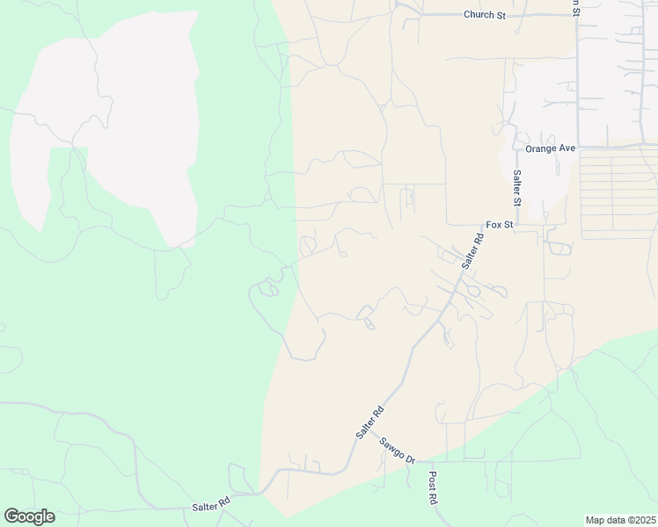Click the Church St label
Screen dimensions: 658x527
click(486, 14)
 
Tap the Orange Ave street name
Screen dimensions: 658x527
click(551, 148)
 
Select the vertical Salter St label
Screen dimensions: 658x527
click(517, 188)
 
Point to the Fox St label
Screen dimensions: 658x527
click(499, 225)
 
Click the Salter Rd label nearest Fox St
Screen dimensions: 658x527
click(472, 250)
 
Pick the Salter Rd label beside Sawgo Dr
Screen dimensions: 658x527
click(370, 422)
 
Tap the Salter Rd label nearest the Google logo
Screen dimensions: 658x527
click(211, 505)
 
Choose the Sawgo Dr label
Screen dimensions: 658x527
click(397, 448)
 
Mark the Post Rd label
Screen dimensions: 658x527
click(433, 487)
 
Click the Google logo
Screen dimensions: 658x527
click(29, 516)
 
